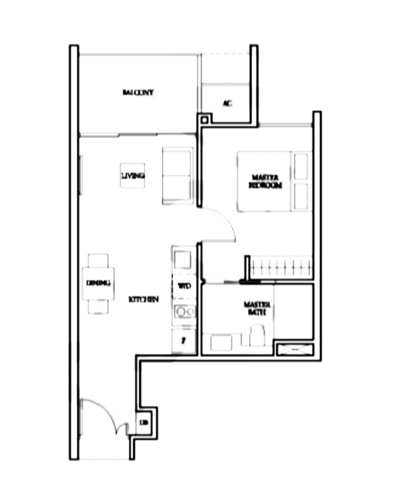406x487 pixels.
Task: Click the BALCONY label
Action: [x=138, y=92]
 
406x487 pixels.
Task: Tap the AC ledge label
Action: [x=227, y=103]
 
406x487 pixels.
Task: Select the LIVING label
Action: [x=132, y=176]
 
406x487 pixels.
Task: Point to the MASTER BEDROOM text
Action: [x=265, y=181]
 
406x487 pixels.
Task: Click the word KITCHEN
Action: [x=144, y=300]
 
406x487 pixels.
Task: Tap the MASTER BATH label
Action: [x=257, y=308]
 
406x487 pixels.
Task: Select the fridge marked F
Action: [x=183, y=341]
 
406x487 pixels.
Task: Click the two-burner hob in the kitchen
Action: [x=183, y=311]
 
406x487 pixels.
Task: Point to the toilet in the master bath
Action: [x=257, y=336]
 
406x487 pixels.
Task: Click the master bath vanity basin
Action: [x=221, y=342]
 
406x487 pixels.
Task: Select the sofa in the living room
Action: [x=177, y=176]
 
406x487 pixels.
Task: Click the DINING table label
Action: [x=98, y=283]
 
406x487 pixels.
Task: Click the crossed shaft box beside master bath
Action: [x=294, y=350]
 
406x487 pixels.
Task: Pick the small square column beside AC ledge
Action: [x=204, y=120]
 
